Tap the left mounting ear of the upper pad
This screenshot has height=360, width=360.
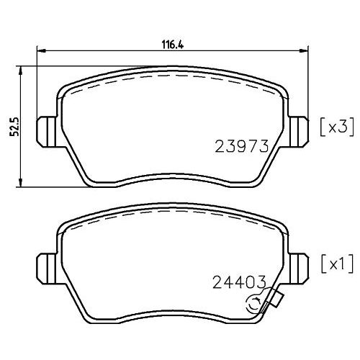pos(45,129)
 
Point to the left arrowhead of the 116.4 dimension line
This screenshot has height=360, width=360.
pos(40,50)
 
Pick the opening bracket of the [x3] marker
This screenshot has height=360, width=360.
pos(321,127)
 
